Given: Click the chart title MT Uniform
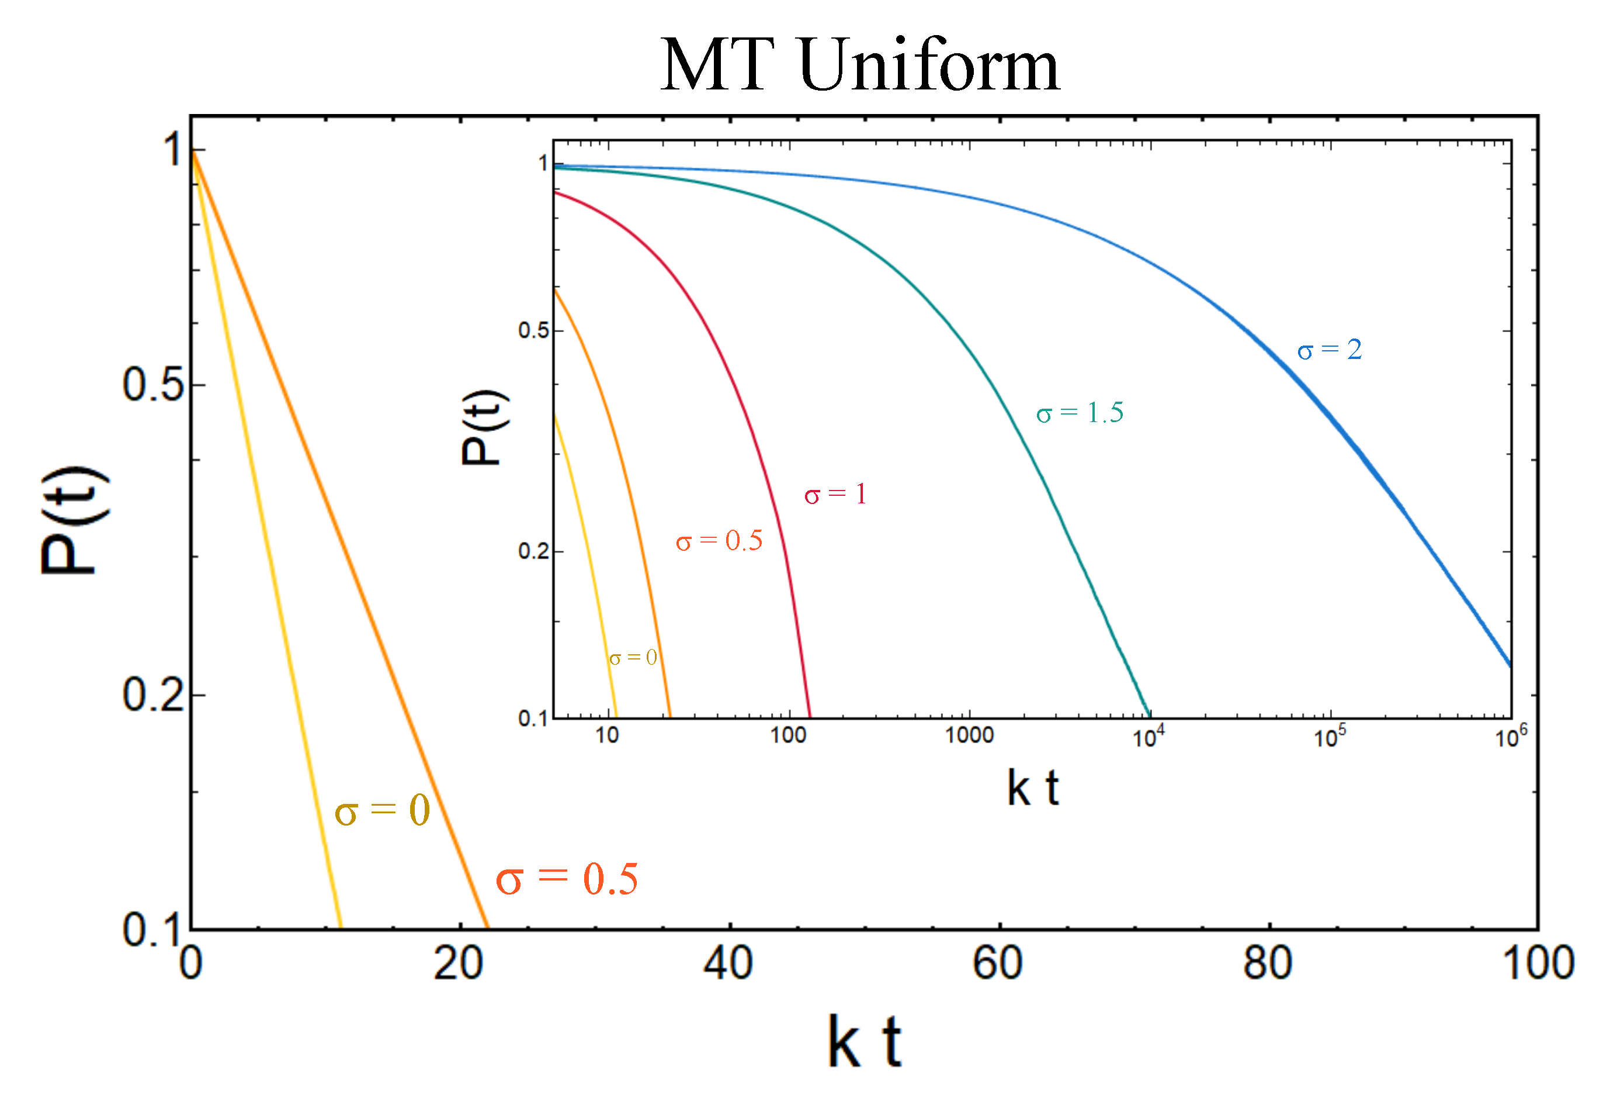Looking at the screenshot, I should point(859,65).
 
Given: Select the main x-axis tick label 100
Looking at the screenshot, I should point(1538,964).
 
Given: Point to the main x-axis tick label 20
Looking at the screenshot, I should point(458,964).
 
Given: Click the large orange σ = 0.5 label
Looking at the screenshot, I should point(567,879).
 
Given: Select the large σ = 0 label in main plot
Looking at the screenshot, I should point(382,810).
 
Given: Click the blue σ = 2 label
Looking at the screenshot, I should point(1329,350).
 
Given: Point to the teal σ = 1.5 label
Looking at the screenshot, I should point(1080,413).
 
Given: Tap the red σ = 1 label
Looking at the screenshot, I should point(835,494).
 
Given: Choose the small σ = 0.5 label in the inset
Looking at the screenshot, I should point(719,540).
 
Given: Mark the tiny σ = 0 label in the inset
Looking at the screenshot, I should point(633,658).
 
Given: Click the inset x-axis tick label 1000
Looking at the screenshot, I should point(969,736).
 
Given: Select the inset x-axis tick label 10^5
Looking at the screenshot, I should point(1329,737).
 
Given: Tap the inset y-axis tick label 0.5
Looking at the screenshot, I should point(533,330).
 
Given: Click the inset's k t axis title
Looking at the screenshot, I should point(1033,788).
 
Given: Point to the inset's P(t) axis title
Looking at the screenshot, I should point(485,428).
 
